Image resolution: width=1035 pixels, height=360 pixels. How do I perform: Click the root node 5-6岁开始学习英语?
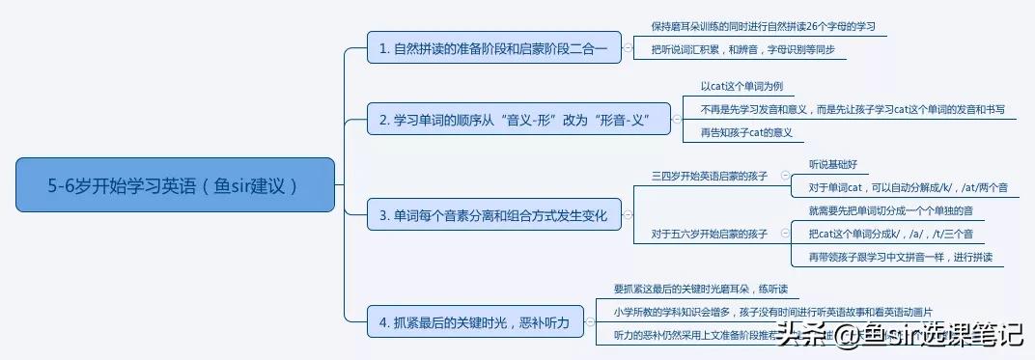(x=175, y=184)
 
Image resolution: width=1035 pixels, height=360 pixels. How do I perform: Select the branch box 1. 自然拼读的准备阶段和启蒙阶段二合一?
(x=494, y=47)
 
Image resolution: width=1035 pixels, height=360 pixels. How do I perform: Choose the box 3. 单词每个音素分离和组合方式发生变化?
(x=493, y=215)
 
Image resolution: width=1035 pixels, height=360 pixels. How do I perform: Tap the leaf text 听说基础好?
(x=833, y=164)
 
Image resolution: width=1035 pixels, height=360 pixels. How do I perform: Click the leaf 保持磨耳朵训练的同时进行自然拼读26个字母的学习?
(x=763, y=26)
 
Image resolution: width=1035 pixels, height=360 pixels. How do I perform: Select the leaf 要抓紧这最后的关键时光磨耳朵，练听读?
(x=706, y=289)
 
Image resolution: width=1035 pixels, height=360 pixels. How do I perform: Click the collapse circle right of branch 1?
(x=628, y=47)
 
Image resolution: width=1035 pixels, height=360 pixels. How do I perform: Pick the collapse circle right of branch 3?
(x=628, y=215)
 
